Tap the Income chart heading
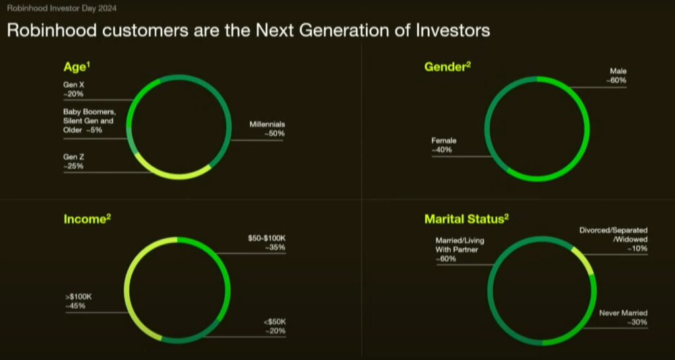pos(86,218)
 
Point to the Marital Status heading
pos(467,218)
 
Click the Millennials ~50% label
pos(266,129)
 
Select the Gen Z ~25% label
pos(74,162)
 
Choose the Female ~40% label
pos(444,145)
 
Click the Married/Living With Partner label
pos(458,250)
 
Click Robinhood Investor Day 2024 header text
pos(49,9)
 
